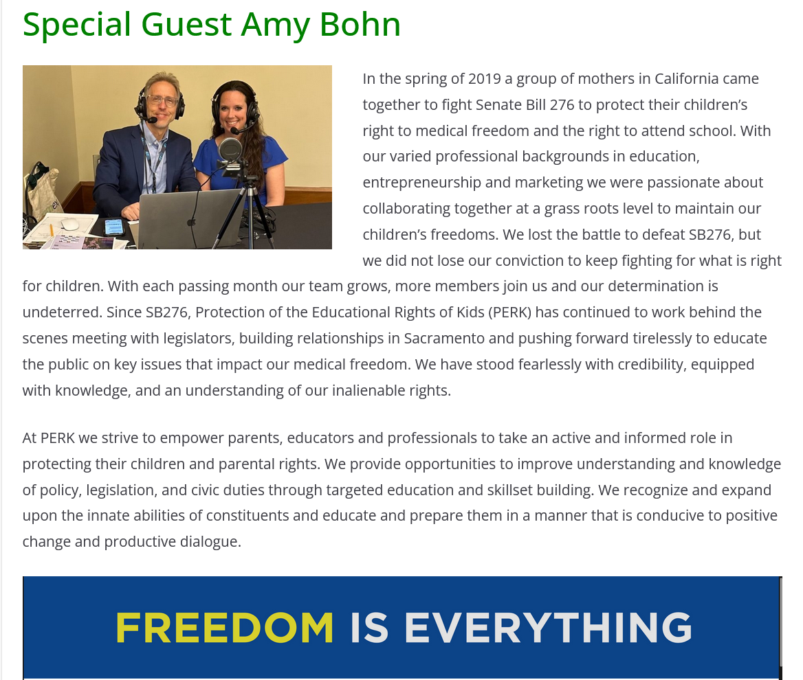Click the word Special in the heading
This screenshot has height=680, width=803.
pyautogui.click(x=77, y=25)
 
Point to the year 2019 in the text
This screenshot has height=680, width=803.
pyautogui.click(x=485, y=78)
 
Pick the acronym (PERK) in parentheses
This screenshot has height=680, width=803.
pyautogui.click(x=509, y=312)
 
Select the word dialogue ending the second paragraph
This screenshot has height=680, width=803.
pyautogui.click(x=208, y=541)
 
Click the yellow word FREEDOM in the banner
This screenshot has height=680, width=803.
pyautogui.click(x=225, y=628)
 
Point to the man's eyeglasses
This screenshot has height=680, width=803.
pyautogui.click(x=162, y=101)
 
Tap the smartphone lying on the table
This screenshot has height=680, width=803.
pyautogui.click(x=113, y=227)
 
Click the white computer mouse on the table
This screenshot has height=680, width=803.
pyautogui.click(x=70, y=224)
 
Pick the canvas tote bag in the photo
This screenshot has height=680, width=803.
pyautogui.click(x=41, y=192)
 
